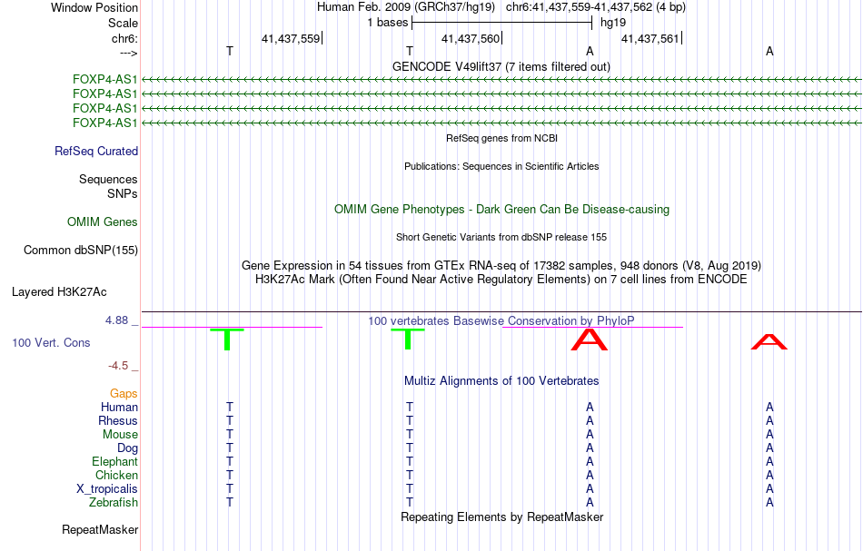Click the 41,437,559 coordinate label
(x=290, y=39)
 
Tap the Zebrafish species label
(x=114, y=503)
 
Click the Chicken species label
(x=116, y=476)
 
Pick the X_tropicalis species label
(x=107, y=489)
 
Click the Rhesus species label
(x=118, y=421)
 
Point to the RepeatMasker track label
(x=100, y=529)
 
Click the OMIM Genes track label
(x=103, y=222)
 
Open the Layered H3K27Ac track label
(x=59, y=292)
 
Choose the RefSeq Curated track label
(x=96, y=152)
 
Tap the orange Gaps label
(x=124, y=394)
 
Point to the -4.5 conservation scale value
(x=120, y=366)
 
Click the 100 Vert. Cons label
(x=51, y=343)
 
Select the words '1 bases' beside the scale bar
(x=388, y=23)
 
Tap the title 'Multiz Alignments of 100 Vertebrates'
(x=501, y=381)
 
